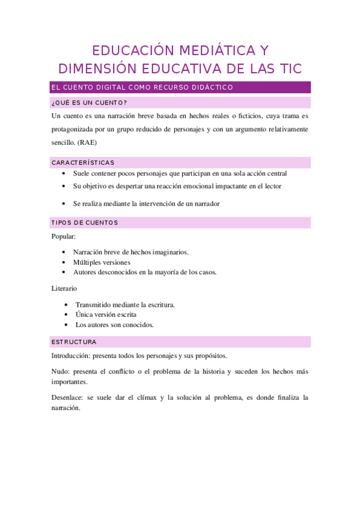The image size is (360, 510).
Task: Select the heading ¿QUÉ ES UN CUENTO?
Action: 90,102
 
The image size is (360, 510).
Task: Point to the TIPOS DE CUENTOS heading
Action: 85,223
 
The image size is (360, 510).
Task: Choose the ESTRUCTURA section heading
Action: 74,342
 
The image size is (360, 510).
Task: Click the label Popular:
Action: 64,236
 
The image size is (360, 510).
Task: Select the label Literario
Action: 64,289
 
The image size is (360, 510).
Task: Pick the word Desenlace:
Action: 68,398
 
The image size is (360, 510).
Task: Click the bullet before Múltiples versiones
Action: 65,262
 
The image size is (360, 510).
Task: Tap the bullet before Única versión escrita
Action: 65,315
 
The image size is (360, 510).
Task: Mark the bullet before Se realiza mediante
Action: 65,203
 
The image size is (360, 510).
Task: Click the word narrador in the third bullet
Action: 207,203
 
